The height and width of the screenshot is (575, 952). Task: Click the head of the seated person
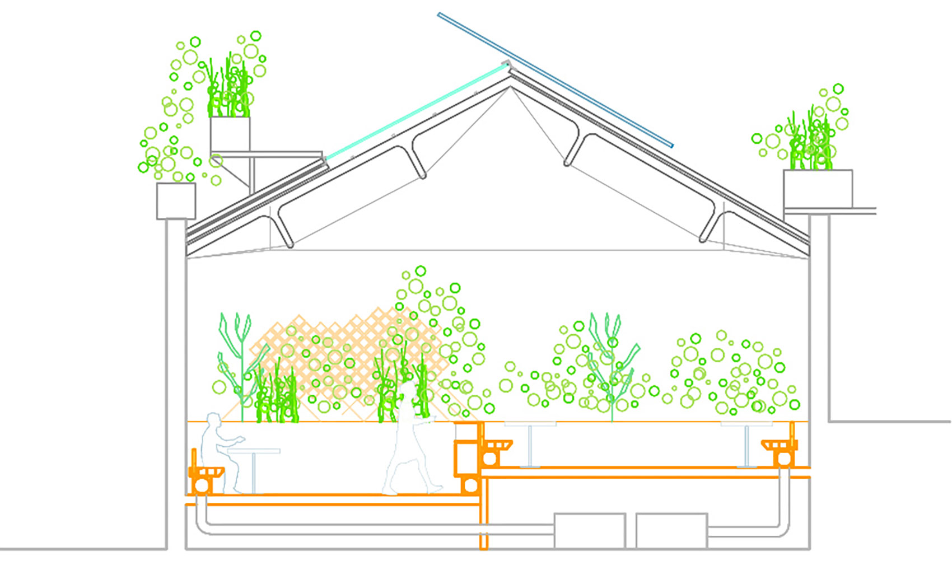(213, 421)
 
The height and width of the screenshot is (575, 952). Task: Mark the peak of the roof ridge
(509, 78)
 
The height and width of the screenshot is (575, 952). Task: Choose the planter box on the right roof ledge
(818, 188)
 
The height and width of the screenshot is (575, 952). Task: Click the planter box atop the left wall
(176, 200)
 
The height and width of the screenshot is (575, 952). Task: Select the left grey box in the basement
(589, 530)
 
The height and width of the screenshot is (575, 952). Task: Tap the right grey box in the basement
(671, 530)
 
